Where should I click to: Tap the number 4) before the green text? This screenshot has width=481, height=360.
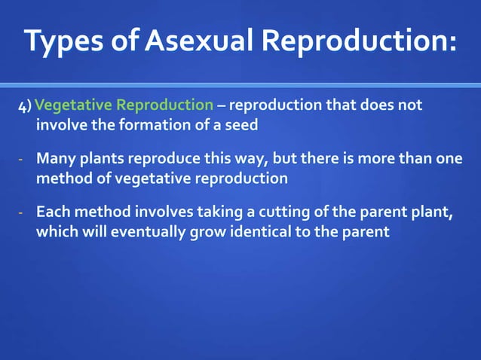tap(25, 106)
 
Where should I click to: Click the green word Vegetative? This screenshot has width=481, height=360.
tap(73, 105)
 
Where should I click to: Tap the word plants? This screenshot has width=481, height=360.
tap(100, 160)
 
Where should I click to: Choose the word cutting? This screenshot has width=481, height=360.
tap(286, 213)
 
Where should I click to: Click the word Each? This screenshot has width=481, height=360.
tap(52, 213)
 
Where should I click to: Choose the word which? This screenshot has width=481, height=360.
tap(57, 232)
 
